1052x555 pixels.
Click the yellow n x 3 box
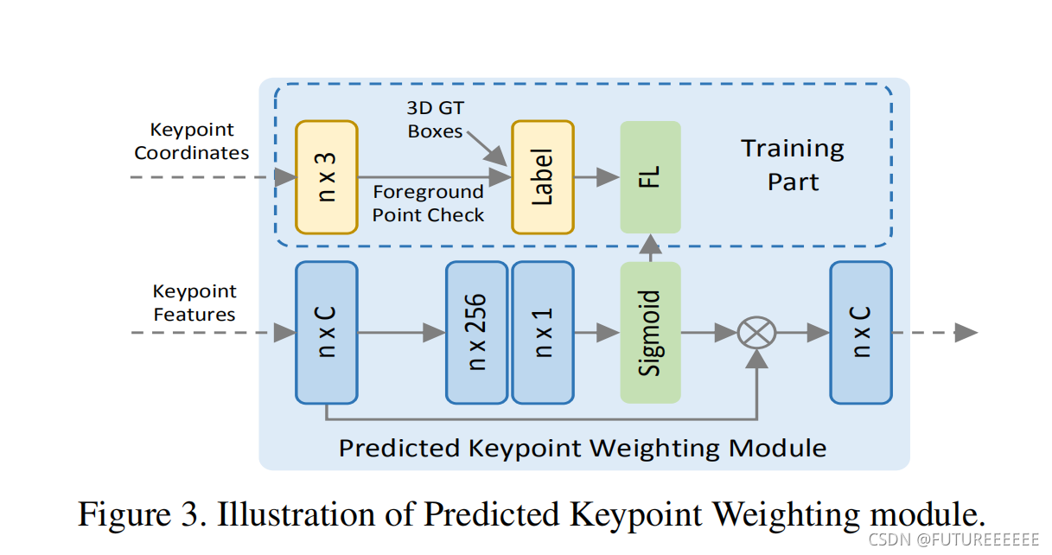pyautogui.click(x=326, y=177)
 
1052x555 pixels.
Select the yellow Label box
pyautogui.click(x=542, y=177)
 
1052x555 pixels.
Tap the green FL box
pyautogui.click(x=650, y=177)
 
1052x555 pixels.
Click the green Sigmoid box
pyautogui.click(x=650, y=332)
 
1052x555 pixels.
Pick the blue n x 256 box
pyautogui.click(x=476, y=332)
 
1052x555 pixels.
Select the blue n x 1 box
pyautogui.click(x=542, y=332)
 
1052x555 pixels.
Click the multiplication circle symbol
pyautogui.click(x=756, y=332)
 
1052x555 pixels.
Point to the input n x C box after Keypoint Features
pyautogui.click(x=326, y=332)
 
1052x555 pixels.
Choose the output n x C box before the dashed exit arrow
pyautogui.click(x=860, y=332)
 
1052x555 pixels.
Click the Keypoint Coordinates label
pyautogui.click(x=192, y=141)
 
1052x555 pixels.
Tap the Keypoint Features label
pyautogui.click(x=194, y=303)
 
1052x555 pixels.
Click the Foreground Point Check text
pyautogui.click(x=428, y=203)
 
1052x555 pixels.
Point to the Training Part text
pyautogui.click(x=793, y=164)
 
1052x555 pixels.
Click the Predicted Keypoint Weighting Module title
pyautogui.click(x=583, y=448)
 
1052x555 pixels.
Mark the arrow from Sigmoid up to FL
pyautogui.click(x=650, y=246)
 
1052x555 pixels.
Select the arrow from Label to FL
pyautogui.click(x=596, y=177)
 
